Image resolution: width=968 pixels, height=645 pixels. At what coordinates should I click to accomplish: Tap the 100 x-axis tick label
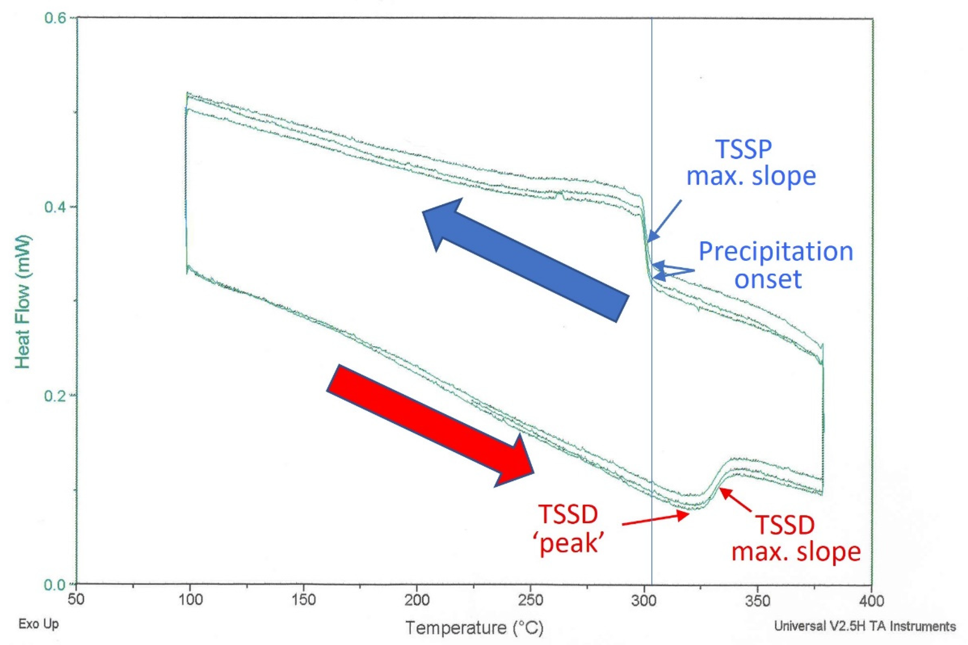[x=190, y=601]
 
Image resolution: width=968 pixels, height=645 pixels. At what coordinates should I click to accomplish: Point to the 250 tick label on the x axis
[x=531, y=601]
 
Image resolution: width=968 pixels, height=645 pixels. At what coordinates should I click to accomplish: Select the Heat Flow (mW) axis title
[x=23, y=302]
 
